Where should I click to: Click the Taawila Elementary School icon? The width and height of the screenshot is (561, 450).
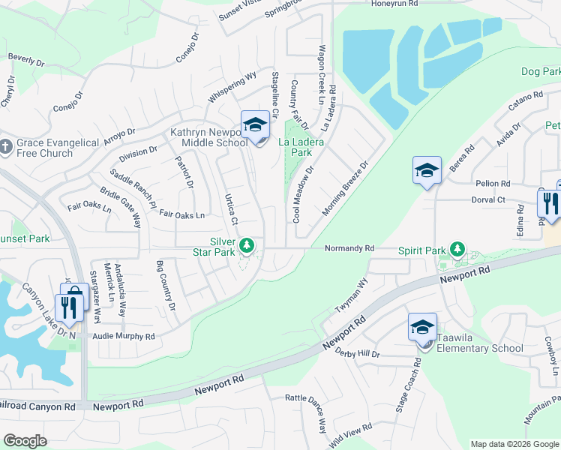click(x=422, y=327)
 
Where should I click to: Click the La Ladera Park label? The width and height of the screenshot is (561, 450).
click(x=295, y=146)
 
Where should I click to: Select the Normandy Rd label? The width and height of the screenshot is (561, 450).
click(x=349, y=247)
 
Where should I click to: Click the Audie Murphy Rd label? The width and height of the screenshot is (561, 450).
click(x=124, y=337)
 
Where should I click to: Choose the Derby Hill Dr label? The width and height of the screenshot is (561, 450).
click(x=358, y=352)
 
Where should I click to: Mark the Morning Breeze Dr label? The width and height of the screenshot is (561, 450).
click(x=346, y=187)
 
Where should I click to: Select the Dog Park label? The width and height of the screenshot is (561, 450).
click(x=541, y=71)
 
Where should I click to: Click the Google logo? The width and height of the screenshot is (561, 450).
click(x=25, y=441)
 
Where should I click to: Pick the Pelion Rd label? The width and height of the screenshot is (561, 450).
click(x=493, y=183)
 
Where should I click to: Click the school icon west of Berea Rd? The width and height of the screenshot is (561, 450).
click(x=426, y=170)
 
